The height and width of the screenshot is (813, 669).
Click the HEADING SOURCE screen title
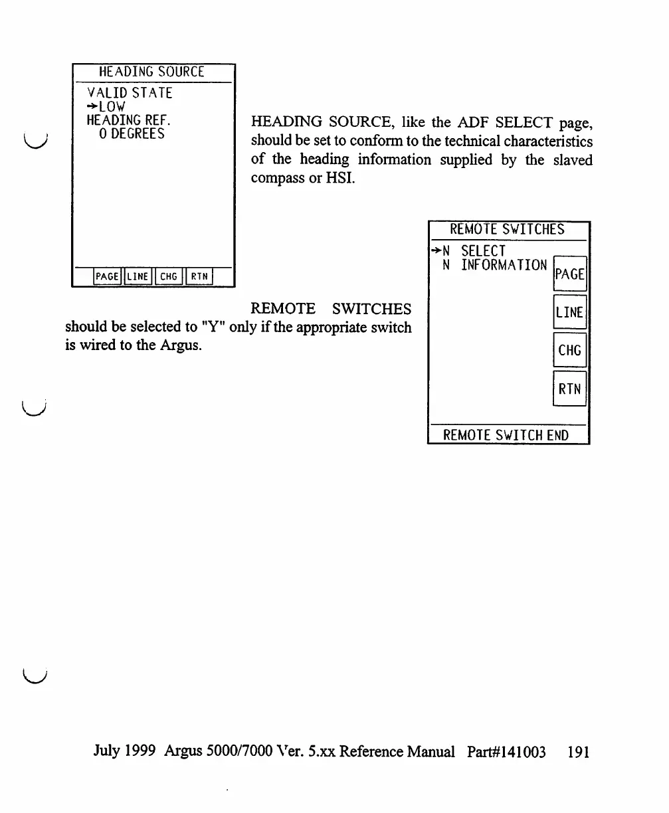pos(151,71)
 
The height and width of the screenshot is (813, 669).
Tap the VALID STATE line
pos(130,93)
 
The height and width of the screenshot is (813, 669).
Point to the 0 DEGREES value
pos(131,134)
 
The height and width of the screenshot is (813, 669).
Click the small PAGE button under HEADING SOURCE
pos(108,276)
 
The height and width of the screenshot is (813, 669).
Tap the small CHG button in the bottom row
pos(169,276)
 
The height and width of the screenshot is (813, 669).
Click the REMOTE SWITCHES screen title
pos(507,230)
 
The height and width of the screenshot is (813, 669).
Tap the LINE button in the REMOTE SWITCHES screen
pos(569,312)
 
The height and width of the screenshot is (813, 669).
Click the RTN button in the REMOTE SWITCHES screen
pos(569,389)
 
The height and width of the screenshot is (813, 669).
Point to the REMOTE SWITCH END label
pos(506,436)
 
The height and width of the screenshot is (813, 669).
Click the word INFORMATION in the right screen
pos(504,265)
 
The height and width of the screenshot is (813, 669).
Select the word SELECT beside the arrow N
pos(484,251)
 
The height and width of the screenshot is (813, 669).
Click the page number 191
pos(579,752)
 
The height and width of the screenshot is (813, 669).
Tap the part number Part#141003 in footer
pos(506,752)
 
